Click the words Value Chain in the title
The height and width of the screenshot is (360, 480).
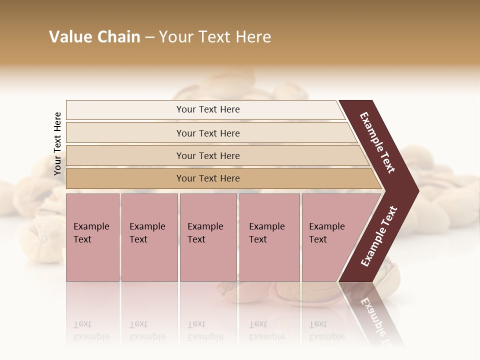[94, 37]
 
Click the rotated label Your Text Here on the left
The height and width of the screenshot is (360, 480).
[57, 143]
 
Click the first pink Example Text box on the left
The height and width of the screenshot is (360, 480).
[92, 237]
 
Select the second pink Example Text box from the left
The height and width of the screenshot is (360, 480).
[149, 237]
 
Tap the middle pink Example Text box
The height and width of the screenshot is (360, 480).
[208, 237]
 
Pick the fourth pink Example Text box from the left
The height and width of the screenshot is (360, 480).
[269, 237]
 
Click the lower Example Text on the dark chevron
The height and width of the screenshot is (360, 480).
[379, 236]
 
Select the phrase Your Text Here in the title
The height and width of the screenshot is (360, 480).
[215, 37]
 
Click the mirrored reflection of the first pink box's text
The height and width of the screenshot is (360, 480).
[91, 330]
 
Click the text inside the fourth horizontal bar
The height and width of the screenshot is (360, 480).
[208, 178]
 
